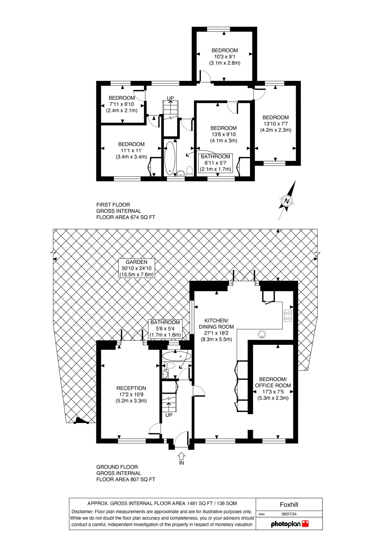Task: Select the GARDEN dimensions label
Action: [136, 268]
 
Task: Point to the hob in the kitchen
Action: [288, 315]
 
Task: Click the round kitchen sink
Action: [262, 334]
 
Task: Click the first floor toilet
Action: [189, 171]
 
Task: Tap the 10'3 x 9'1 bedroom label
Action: [225, 57]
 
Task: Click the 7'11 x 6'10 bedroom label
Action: [122, 104]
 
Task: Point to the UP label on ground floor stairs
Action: [169, 415]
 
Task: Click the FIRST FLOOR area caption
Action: [126, 211]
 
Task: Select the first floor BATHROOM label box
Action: [216, 163]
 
